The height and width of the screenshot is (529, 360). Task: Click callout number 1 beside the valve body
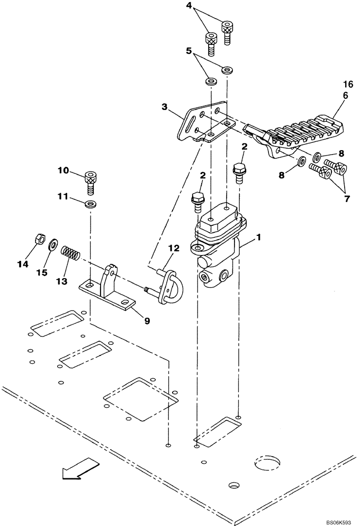coord(258,239)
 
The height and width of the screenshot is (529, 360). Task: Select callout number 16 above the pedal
coord(347,84)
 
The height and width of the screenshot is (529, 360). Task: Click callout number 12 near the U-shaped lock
coord(175,248)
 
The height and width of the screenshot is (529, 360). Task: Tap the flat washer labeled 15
coord(54,245)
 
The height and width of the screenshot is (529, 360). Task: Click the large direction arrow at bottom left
coord(79,468)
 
